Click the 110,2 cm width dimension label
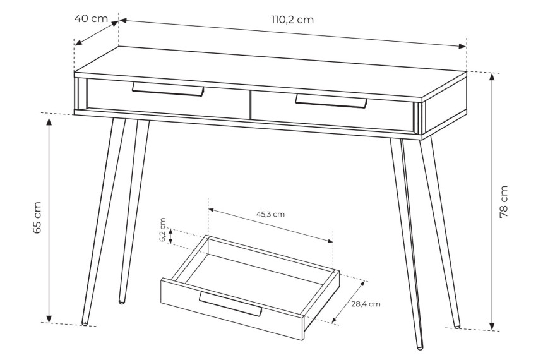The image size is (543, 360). coord(292,20)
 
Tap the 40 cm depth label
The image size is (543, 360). coord(91,18)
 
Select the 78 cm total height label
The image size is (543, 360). coord(503,201)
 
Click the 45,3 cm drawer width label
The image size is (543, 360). coord(270,214)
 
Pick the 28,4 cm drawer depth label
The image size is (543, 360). coord(366,304)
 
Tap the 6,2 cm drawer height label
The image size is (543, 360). coord(162,230)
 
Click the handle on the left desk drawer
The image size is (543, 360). coord(168,89)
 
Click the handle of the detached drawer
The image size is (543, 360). coord(230,304)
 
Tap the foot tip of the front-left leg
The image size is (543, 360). coord(84,323)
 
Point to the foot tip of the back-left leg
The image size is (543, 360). coord(122,302)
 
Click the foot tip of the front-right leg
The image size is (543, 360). coord(420,347)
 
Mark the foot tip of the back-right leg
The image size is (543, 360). coord(458,326)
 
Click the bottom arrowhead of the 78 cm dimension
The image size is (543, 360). coord(492,326)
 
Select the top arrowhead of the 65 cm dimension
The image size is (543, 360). coord(49,122)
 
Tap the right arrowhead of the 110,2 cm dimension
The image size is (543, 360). coord(462,47)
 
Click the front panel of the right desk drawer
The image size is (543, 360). coord(333,111)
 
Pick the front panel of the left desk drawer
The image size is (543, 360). coord(168,99)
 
